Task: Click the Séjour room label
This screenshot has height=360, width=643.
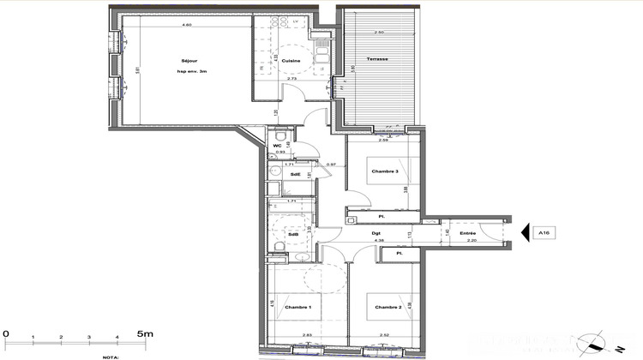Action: coord(188,60)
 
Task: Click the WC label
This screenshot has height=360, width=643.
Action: coord(277,146)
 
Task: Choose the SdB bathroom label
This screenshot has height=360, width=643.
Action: coord(293,234)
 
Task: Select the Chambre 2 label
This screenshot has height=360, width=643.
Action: coord(388,307)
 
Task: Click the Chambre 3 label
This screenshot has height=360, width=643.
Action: coord(385,171)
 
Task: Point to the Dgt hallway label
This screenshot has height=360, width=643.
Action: coord(376,233)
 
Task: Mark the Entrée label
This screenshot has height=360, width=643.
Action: coord(467,233)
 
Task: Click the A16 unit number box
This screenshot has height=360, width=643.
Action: coord(544,232)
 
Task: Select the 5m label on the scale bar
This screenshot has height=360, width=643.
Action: coord(143,332)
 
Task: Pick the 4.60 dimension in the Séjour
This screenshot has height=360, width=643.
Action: coord(186,26)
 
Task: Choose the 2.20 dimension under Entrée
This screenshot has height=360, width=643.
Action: coord(467,242)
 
